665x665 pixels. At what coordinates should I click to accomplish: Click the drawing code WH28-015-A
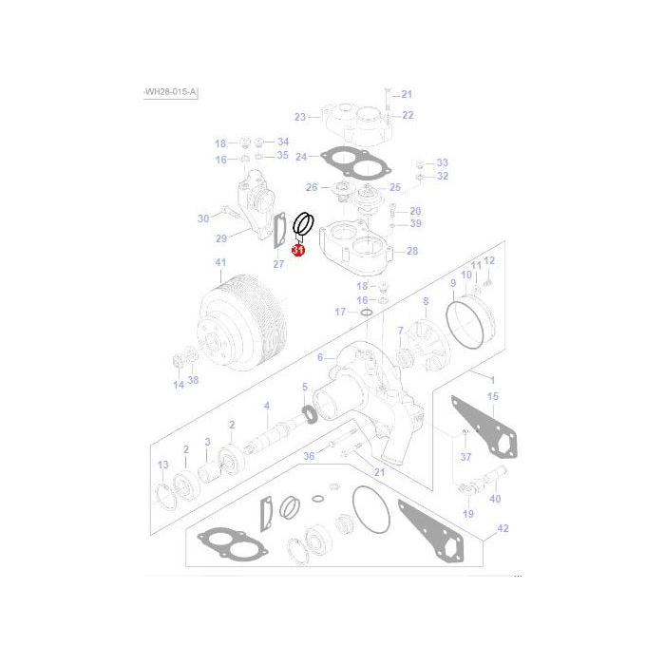tap(170, 91)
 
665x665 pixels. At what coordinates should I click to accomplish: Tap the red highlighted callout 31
tap(297, 252)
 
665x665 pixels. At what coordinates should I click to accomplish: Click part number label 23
tap(300, 117)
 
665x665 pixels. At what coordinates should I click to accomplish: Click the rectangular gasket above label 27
tap(279, 231)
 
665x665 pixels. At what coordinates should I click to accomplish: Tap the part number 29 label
tap(221, 237)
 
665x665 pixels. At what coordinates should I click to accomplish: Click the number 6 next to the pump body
tap(320, 356)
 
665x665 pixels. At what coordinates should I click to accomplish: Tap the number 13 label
tap(162, 464)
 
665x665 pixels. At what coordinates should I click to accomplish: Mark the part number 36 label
tap(308, 456)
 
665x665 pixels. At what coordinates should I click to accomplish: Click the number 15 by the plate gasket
tap(492, 396)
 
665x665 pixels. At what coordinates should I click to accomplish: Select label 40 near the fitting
tap(495, 499)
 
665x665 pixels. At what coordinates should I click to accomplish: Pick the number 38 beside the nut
tap(193, 381)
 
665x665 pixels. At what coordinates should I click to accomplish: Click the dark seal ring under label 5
tap(310, 413)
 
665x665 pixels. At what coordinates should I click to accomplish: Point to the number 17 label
tap(339, 312)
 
